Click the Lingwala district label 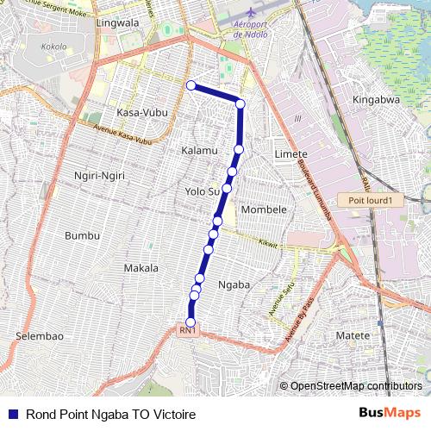119,23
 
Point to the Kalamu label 199,151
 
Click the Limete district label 289,153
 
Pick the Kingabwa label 376,100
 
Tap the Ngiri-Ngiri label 100,176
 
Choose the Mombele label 264,209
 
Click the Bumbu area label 83,235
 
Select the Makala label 141,268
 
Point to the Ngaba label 234,284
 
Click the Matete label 352,334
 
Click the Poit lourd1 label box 370,200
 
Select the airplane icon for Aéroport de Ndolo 250,15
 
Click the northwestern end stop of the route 191,84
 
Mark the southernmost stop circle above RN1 191,322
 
